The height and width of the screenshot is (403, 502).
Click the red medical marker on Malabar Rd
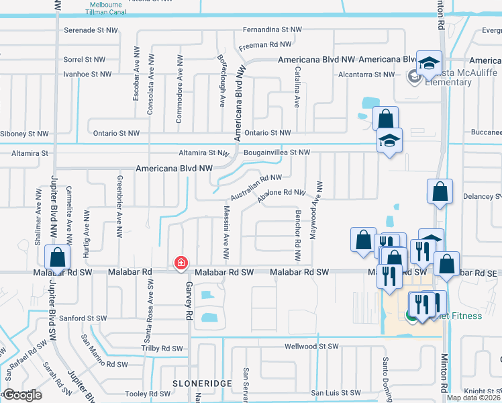tap(181, 263)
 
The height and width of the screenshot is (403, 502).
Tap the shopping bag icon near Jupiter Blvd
tap(58, 258)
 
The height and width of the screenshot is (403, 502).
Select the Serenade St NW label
tap(90, 30)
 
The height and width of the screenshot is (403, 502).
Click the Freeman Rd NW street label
tap(266, 45)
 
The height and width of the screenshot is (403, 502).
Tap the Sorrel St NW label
tap(85, 60)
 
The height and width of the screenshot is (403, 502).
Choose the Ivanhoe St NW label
tap(87, 74)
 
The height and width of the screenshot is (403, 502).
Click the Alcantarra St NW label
tap(367, 75)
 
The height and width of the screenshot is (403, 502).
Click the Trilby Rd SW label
tap(162, 349)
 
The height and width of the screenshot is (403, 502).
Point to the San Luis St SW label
tap(336, 393)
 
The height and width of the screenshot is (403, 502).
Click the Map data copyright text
tap(474, 398)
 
